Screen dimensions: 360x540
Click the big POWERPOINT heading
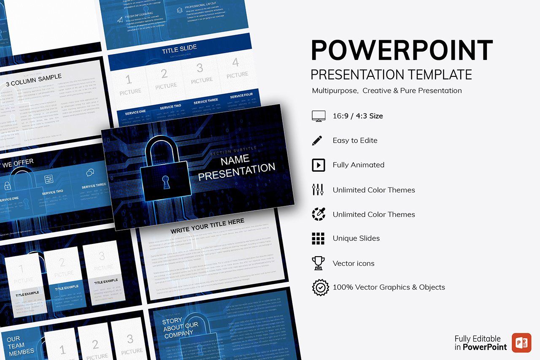point(402,50)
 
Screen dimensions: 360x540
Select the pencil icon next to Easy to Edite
point(317,141)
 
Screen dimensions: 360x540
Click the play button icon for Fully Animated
point(318,165)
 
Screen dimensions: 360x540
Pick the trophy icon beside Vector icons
point(318,263)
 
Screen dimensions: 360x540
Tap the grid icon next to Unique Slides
point(318,238)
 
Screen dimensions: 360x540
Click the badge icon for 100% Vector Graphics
point(320,287)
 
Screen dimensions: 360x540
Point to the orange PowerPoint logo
point(521,342)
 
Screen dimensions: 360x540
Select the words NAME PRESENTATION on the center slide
point(236,167)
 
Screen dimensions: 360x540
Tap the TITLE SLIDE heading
point(179,50)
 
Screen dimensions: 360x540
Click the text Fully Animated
point(358,165)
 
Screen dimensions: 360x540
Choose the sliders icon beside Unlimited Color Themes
point(318,190)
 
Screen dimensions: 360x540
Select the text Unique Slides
point(356,238)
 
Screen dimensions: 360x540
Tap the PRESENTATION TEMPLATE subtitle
point(391,75)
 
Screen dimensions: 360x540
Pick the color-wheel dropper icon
point(318,214)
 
